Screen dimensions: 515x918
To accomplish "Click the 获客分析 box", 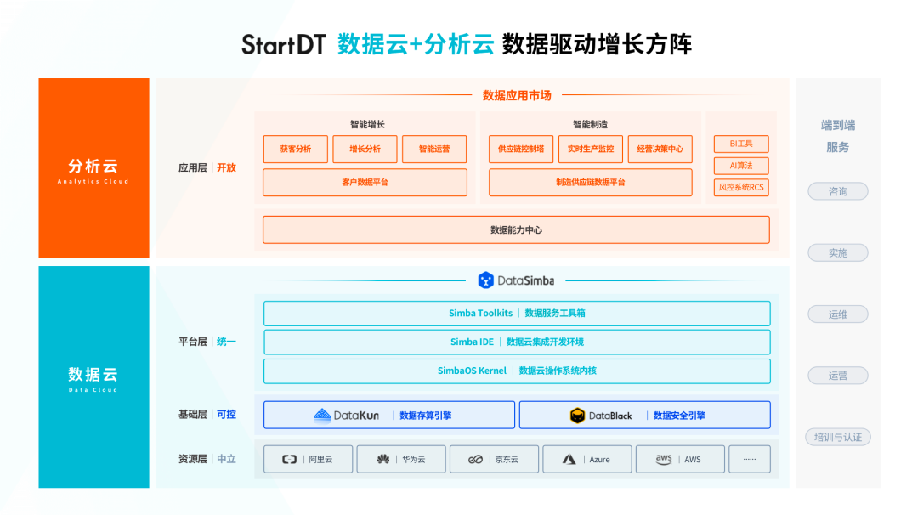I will click(295, 149).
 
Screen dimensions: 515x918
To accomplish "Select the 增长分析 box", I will click(365, 149).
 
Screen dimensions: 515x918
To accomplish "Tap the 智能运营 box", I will click(434, 149).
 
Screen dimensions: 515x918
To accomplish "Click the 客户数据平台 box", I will click(365, 182).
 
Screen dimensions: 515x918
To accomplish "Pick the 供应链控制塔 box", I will click(521, 149).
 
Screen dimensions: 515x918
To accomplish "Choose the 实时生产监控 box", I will click(591, 149).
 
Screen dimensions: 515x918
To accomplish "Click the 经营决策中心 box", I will click(660, 149).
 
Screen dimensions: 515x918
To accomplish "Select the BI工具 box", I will click(741, 144).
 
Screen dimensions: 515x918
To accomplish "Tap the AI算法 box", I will click(741, 166).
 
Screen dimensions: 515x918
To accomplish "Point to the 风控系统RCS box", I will click(741, 187).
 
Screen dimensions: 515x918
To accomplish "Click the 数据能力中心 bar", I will click(516, 229).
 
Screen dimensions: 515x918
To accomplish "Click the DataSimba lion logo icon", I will click(485, 280).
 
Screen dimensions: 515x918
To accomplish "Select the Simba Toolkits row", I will click(517, 313).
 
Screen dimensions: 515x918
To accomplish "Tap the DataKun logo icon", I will click(322, 416).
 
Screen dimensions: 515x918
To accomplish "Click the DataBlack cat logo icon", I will click(578, 416).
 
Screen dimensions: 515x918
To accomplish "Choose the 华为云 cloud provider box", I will click(401, 459).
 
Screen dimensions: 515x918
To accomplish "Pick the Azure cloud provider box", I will click(587, 459).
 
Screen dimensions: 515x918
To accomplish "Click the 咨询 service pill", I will click(838, 191).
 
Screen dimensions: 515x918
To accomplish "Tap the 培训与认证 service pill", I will click(838, 438).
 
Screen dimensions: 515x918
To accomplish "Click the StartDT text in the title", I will click(283, 44).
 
